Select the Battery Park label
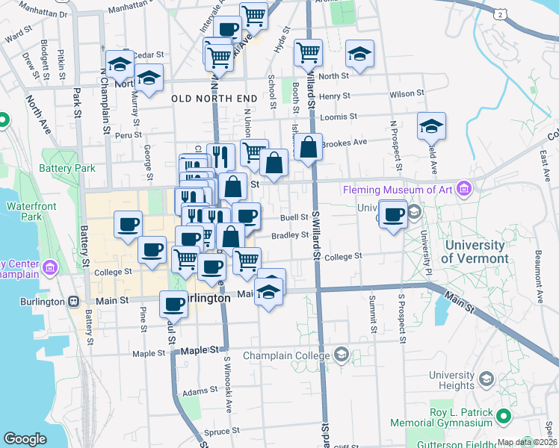[69, 169]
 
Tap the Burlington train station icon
[73, 301]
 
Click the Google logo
[25, 439]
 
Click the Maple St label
[197, 349]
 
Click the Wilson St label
[407, 93]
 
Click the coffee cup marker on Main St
[174, 304]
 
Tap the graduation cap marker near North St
[359, 55]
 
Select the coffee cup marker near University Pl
[394, 214]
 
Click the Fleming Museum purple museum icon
[467, 188]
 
